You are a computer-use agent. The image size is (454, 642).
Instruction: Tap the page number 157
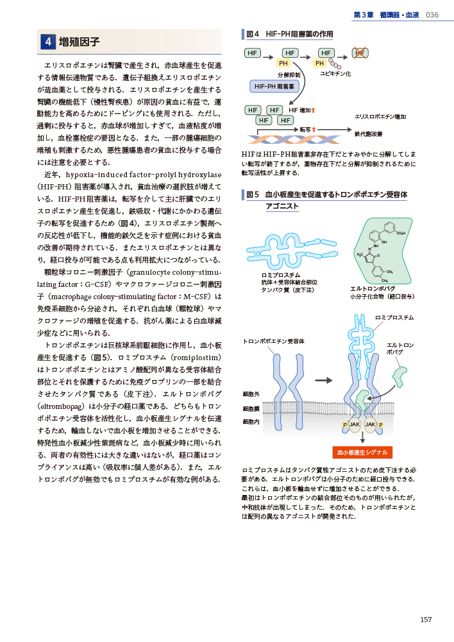point(426,619)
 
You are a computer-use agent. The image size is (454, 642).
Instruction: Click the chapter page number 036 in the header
point(432,15)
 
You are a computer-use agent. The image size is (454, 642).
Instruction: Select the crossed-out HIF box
point(360,53)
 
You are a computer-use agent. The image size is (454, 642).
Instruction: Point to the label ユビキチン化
point(335,74)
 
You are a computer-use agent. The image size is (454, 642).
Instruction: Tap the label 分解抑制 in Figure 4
point(289,75)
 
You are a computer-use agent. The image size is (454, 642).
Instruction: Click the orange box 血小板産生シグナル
point(362,452)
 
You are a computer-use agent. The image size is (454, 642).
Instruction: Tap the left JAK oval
point(354,425)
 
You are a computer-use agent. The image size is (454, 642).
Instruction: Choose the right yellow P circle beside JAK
point(381,425)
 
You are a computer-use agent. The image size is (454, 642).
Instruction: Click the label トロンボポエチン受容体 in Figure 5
point(273,341)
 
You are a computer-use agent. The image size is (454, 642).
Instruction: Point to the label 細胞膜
point(251,408)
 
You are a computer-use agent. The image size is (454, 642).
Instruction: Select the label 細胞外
point(251,393)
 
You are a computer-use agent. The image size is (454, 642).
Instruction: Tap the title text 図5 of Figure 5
point(252,194)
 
